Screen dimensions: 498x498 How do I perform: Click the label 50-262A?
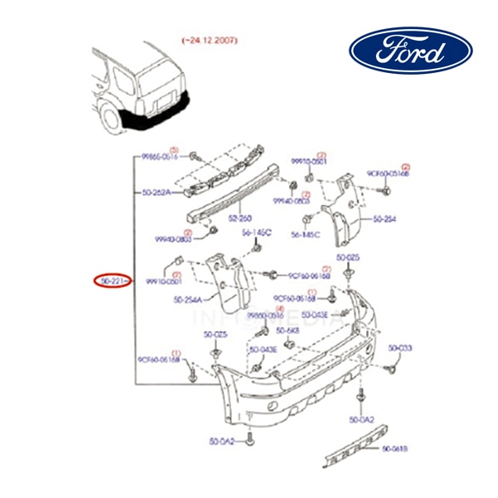tap(155, 193)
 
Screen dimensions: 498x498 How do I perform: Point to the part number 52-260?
tap(240, 218)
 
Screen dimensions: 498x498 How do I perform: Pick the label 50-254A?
tap(190, 300)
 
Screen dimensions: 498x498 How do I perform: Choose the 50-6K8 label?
tap(290, 330)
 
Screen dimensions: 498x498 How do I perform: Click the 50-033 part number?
tap(399, 348)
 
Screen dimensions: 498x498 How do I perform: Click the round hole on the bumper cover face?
tap(273, 406)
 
